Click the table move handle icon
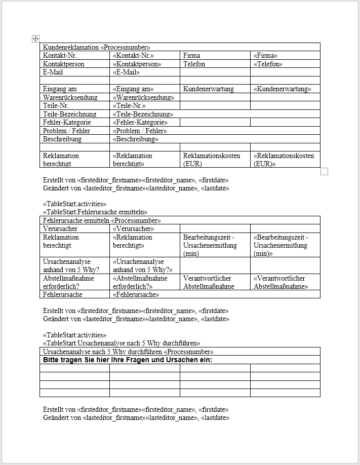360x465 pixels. point(35,38)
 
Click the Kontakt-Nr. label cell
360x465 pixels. point(60,55)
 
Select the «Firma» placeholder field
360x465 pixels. point(265,55)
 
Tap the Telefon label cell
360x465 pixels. point(194,64)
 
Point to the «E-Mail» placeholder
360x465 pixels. point(126,72)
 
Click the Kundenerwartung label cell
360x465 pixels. point(208,89)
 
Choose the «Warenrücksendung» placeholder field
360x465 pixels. point(143,97)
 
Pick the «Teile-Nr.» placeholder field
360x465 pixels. point(129,105)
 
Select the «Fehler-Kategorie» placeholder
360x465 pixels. point(140,122)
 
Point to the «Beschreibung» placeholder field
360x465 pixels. point(135,139)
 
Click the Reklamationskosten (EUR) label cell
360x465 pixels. point(212,160)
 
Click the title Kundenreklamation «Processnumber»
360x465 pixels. point(96,47)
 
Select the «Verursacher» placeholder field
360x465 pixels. point(133,228)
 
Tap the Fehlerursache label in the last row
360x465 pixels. point(62,294)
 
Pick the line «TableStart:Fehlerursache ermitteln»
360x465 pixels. point(95,212)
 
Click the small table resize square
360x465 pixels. point(325,171)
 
